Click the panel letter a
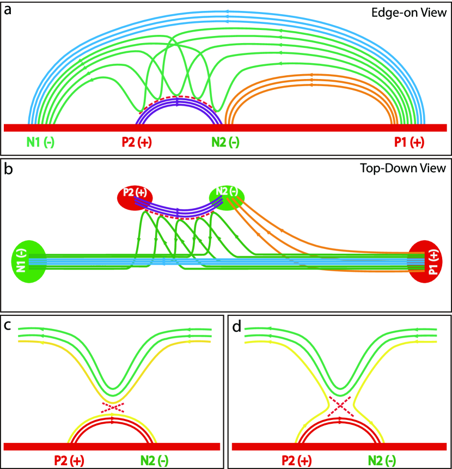(x=8, y=9)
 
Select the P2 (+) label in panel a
(x=136, y=142)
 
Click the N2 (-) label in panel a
(x=224, y=142)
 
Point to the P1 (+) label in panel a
(x=409, y=142)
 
